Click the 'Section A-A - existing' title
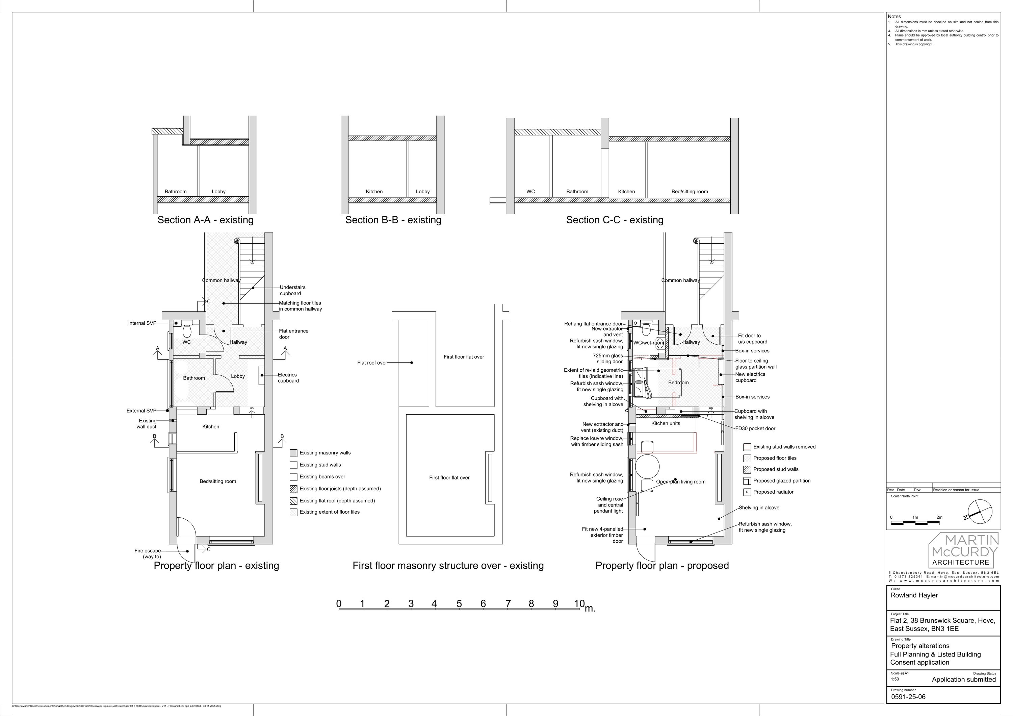(x=205, y=220)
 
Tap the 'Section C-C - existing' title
(x=615, y=220)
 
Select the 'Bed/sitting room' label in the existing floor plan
(x=217, y=481)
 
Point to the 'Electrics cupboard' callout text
(x=288, y=378)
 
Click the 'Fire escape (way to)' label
(x=148, y=553)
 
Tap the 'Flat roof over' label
(x=372, y=363)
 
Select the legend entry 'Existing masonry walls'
(x=325, y=453)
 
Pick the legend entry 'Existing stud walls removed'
(x=784, y=447)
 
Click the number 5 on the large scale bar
(x=459, y=604)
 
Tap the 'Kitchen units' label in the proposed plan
(x=666, y=423)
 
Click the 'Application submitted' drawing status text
(x=964, y=680)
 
